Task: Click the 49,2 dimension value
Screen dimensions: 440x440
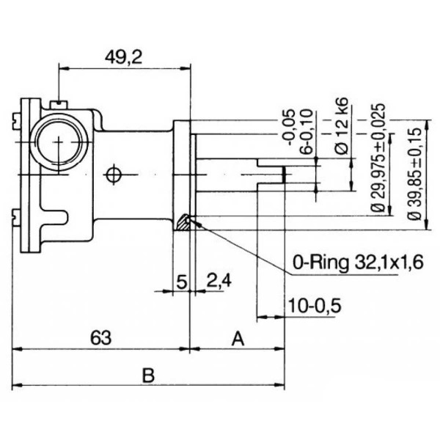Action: point(124,57)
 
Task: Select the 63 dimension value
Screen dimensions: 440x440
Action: point(100,338)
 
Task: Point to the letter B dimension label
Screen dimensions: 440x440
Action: point(148,375)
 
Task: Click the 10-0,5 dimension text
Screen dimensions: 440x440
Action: point(315,306)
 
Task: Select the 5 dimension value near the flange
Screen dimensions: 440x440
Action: point(182,282)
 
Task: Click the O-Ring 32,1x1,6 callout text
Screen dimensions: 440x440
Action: point(358,263)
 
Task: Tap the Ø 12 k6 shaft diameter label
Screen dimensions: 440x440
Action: point(342,125)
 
